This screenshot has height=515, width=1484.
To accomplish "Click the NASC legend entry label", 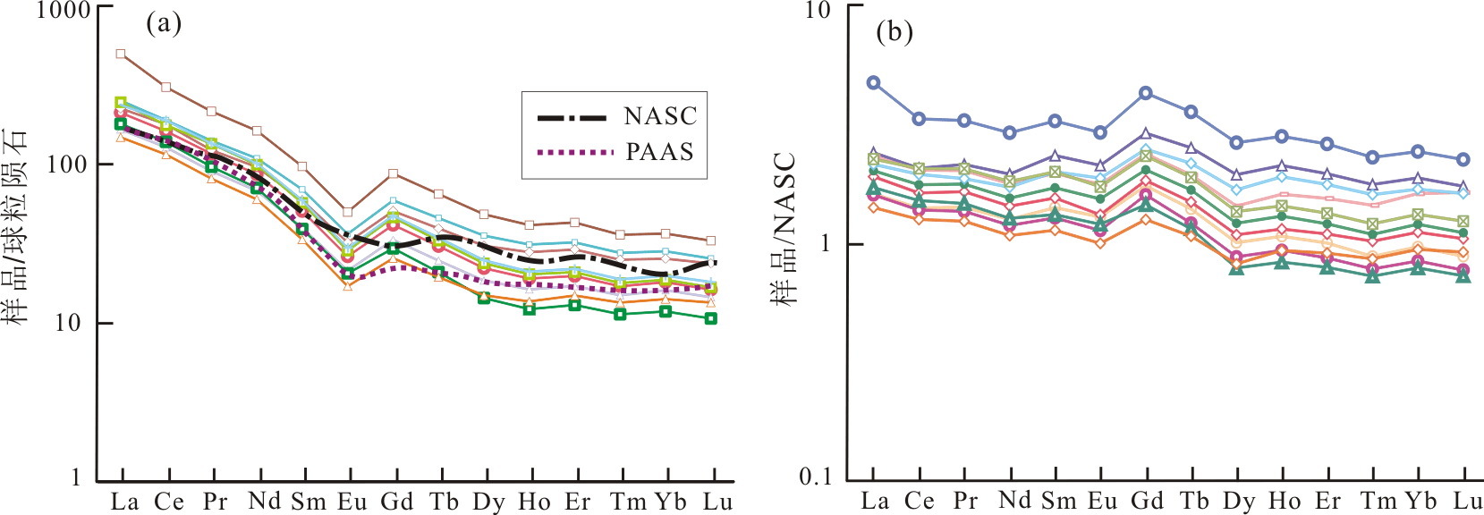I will [660, 116].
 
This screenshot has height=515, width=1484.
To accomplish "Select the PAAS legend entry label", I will [660, 152].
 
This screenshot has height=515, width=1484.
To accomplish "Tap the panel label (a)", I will [163, 22].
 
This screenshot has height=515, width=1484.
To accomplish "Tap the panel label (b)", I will [895, 32].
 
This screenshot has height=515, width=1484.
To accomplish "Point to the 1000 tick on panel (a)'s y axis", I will [64, 11].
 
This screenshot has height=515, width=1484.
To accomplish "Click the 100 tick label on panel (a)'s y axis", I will [69, 165].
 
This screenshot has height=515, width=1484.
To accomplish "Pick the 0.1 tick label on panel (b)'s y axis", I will [815, 477].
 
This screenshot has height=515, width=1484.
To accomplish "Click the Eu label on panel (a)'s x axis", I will [352, 502].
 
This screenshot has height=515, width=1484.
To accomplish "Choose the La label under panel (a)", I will [124, 502].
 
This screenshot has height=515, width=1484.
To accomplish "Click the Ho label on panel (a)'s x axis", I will [534, 502].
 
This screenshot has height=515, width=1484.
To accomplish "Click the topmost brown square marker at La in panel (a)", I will [121, 54].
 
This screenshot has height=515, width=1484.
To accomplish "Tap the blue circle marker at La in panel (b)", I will [874, 82].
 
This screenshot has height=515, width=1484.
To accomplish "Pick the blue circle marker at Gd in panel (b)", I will [1146, 93].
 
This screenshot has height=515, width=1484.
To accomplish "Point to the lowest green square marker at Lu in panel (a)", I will [711, 318].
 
